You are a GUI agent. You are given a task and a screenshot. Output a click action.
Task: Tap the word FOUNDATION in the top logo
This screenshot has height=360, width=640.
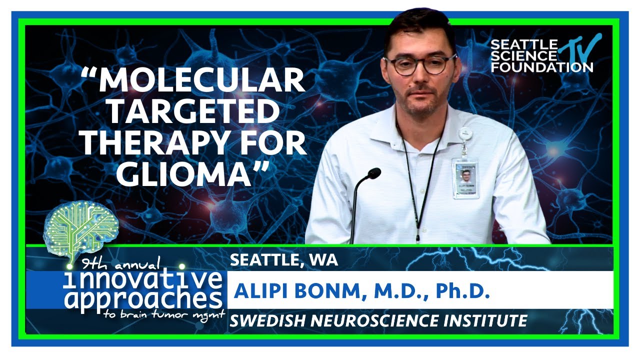tap(541, 66)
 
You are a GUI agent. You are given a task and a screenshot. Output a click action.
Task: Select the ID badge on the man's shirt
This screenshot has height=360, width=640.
tap(465, 178)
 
